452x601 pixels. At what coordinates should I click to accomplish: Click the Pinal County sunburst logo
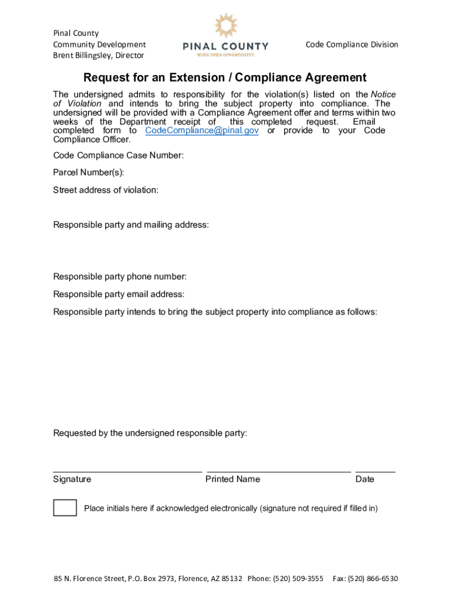(225, 26)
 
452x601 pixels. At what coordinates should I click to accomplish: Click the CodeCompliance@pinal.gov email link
(201, 130)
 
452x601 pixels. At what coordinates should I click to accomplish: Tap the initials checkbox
(65, 508)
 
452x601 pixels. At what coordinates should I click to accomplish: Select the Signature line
(127, 471)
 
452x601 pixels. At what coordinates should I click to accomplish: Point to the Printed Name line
(279, 471)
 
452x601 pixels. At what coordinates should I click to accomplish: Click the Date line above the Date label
(375, 471)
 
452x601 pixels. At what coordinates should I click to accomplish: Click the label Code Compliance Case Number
(118, 156)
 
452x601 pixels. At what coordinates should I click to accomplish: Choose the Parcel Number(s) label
(89, 173)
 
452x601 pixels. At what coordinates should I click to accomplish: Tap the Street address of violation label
(106, 190)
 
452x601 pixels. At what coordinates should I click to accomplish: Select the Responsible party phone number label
(120, 277)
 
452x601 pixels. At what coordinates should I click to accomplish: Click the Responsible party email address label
(119, 294)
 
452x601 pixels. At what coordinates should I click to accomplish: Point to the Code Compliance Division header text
(352, 45)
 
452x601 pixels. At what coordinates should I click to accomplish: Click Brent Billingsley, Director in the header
(98, 56)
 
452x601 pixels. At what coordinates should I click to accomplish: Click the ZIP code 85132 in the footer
(231, 579)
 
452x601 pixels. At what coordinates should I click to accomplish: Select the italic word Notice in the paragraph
(383, 95)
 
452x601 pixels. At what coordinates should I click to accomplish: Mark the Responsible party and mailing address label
(131, 225)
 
